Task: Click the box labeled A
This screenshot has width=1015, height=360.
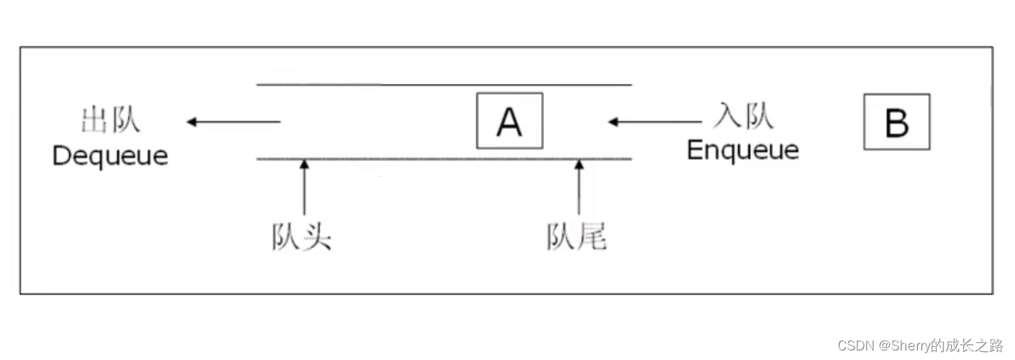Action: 509,121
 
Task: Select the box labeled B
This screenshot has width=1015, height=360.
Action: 896,121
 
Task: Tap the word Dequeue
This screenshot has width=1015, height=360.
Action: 110,155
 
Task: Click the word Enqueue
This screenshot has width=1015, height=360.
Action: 742,150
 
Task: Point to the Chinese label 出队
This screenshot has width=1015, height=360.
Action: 110,121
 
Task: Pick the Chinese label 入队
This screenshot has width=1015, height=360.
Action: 743,116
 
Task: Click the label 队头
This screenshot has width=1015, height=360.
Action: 302,238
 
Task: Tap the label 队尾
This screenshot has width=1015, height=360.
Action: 577,238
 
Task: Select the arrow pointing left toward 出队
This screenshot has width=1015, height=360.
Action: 233,121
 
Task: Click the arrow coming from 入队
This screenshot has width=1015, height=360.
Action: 654,121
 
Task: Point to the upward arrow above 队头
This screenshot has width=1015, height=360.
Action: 304,188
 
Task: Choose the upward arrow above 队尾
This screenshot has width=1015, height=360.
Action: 579,188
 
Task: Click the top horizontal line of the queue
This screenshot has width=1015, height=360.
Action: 444,85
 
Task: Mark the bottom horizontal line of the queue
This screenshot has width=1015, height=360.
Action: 444,158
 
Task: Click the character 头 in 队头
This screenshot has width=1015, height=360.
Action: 317,238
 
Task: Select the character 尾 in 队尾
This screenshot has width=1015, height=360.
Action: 593,238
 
